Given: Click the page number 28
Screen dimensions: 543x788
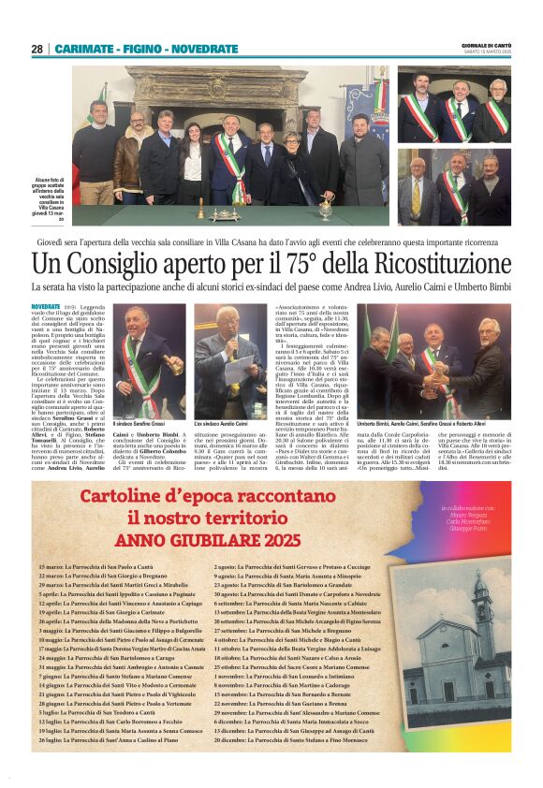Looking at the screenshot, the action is pyautogui.click(x=37, y=49).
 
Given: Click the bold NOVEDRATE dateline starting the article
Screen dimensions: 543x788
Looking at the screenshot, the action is pyautogui.click(x=46, y=306).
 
